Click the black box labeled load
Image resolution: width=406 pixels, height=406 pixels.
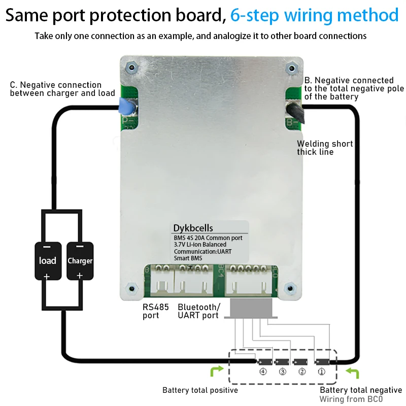[x=48, y=260]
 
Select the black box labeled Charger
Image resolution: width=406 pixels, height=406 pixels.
[x=80, y=260]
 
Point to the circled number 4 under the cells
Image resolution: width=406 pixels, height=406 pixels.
[x=263, y=371]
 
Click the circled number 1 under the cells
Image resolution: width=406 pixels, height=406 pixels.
[x=321, y=371]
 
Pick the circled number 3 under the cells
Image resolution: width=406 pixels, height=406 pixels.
[x=282, y=371]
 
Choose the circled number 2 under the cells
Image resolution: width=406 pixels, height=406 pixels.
[x=301, y=371]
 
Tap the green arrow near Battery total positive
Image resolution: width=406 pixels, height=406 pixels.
[x=216, y=373]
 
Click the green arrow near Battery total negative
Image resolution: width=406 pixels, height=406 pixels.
[x=352, y=373]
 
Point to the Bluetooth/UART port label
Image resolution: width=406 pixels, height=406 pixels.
[x=199, y=311]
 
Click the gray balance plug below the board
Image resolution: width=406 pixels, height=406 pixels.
[x=252, y=308]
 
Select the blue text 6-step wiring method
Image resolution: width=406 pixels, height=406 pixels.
[x=314, y=15]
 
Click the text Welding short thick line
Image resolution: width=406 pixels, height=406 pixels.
[x=325, y=148]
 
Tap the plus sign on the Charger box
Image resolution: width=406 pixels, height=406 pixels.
[x=80, y=276]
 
